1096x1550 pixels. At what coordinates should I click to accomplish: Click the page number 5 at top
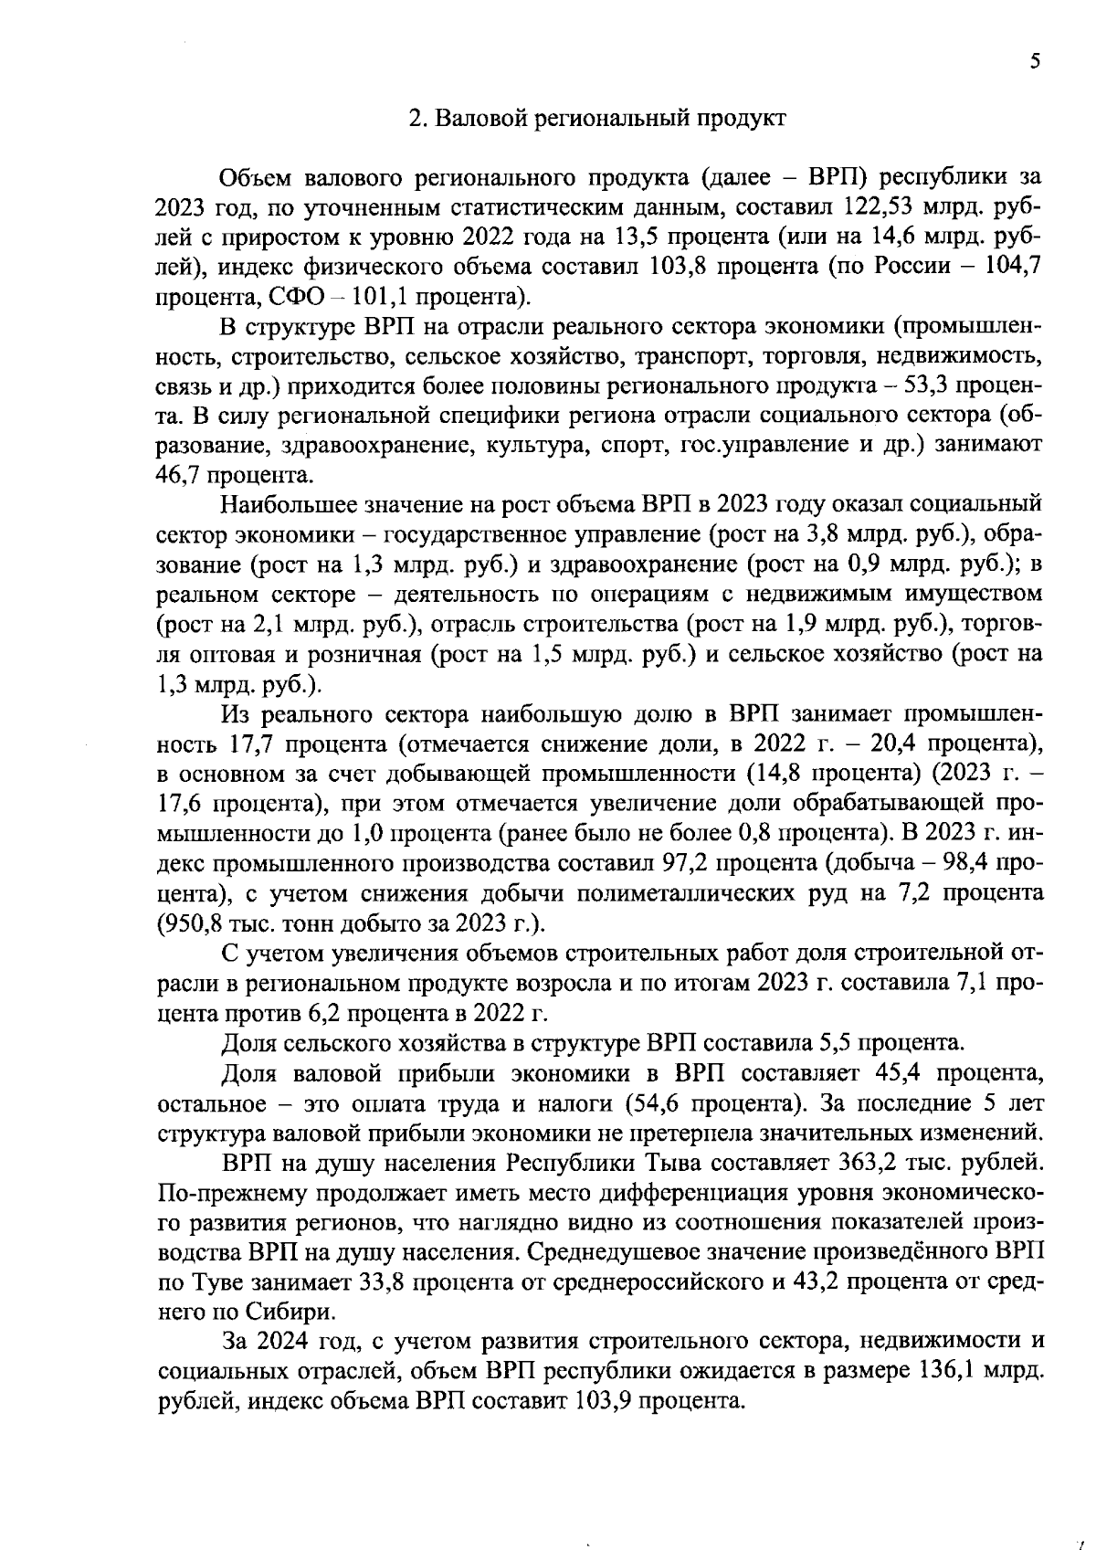[1034, 61]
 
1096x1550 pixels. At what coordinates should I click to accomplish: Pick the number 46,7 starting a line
[180, 475]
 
